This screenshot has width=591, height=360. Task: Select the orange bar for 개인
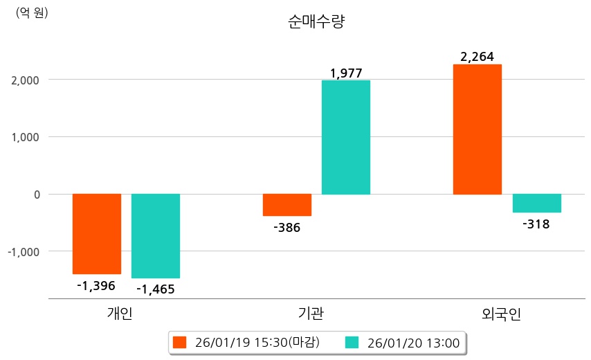97,234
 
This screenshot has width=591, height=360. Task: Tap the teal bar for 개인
156,236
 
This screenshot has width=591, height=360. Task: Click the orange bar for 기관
287,205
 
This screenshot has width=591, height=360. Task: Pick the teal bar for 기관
346,137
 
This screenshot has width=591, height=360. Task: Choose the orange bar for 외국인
478,129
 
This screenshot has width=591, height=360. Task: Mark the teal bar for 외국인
536,204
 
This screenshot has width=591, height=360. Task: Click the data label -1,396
96,285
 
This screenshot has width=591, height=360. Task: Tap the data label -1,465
156,289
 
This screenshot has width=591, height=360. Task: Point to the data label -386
287,226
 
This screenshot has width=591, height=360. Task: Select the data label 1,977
346,72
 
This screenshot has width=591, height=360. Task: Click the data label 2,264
478,57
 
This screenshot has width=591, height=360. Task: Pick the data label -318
536,223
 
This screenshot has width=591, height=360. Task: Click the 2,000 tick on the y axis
24,80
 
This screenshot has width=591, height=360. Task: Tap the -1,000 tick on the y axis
21,251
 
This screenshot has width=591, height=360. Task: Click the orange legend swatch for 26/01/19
180,343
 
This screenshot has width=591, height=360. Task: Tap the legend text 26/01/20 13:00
414,343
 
